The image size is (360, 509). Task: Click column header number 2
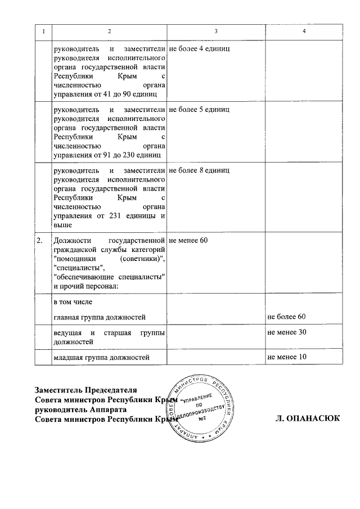pos(110,30)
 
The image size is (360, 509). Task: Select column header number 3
pos(215,30)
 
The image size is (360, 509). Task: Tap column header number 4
pos(304,30)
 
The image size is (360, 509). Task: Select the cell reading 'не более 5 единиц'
pos(199,109)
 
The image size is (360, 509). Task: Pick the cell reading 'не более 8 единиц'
pos(199,169)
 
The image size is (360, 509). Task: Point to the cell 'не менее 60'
pos(188,241)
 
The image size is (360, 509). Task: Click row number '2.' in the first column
pos(39,241)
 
